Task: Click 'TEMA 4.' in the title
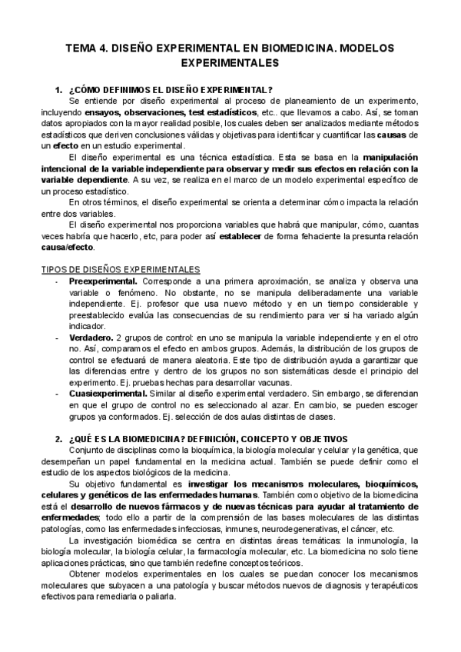pyautogui.click(x=88, y=48)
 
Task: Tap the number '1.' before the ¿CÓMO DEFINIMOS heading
pyautogui.click(x=58, y=90)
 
